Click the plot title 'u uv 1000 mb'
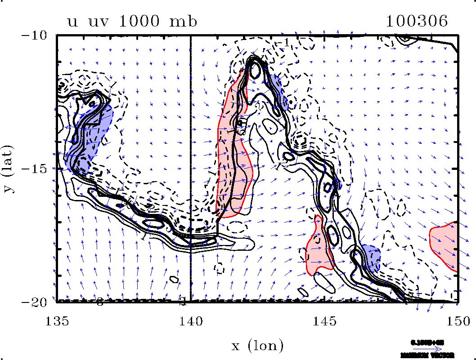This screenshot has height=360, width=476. [132, 22]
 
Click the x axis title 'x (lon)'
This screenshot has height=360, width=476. [257, 345]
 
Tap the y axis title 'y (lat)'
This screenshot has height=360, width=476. [9, 169]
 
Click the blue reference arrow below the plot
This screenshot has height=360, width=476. [427, 348]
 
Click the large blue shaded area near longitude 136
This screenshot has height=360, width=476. [90, 135]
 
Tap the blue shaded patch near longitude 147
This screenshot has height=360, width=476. [371, 256]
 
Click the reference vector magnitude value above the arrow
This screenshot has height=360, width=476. [427, 342]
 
